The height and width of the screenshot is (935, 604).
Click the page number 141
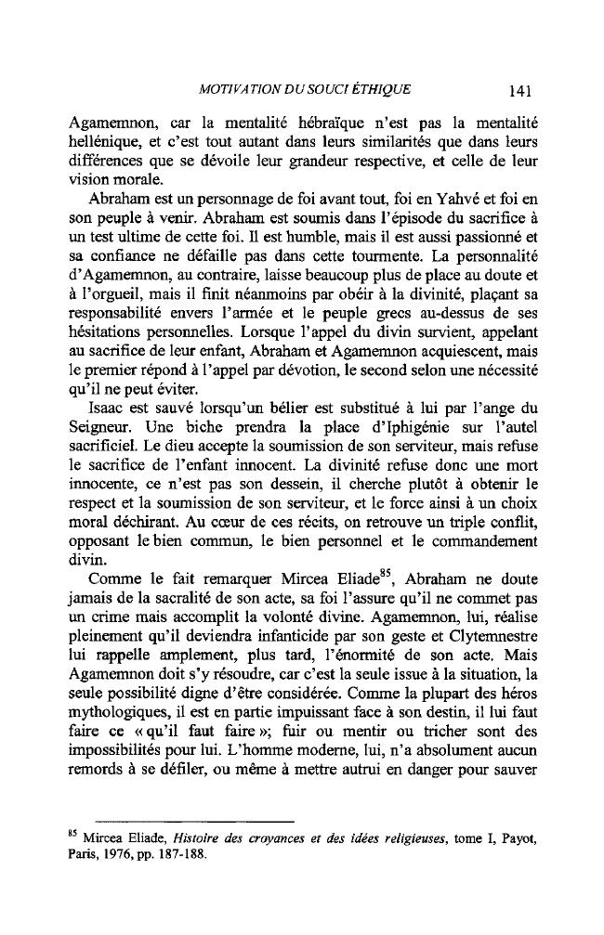(x=519, y=91)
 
